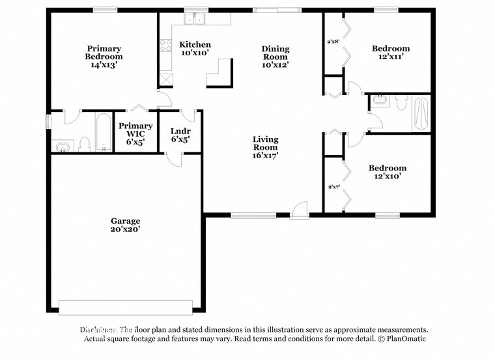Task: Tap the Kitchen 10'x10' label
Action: tap(195, 49)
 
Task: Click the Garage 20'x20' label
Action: tap(125, 225)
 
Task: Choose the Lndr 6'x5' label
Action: tap(180, 135)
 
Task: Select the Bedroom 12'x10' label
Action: tap(387, 172)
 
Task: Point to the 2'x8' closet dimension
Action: tap(332, 42)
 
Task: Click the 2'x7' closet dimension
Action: tap(333, 187)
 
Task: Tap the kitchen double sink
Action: tap(194, 19)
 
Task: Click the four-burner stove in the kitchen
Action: tap(165, 46)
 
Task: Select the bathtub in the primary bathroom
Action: tap(103, 132)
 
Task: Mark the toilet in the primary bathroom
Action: tap(84, 144)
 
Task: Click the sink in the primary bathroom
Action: tap(63, 146)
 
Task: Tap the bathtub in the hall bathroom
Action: tap(421, 113)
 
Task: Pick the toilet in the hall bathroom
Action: tap(401, 104)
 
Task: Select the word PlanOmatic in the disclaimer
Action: tap(405, 339)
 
